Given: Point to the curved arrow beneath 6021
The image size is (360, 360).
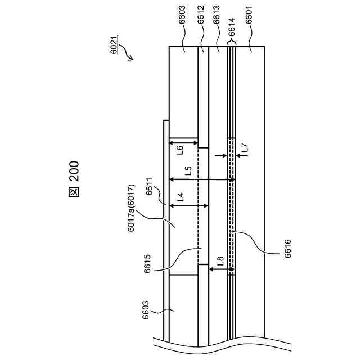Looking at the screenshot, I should pos(129,54).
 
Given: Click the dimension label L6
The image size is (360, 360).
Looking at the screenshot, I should pos(180,151).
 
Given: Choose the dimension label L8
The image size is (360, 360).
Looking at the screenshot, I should pos(220,261).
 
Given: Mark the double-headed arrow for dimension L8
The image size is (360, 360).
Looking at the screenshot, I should pos(219,271).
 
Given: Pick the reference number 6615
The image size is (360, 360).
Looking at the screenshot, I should pos(147,263).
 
